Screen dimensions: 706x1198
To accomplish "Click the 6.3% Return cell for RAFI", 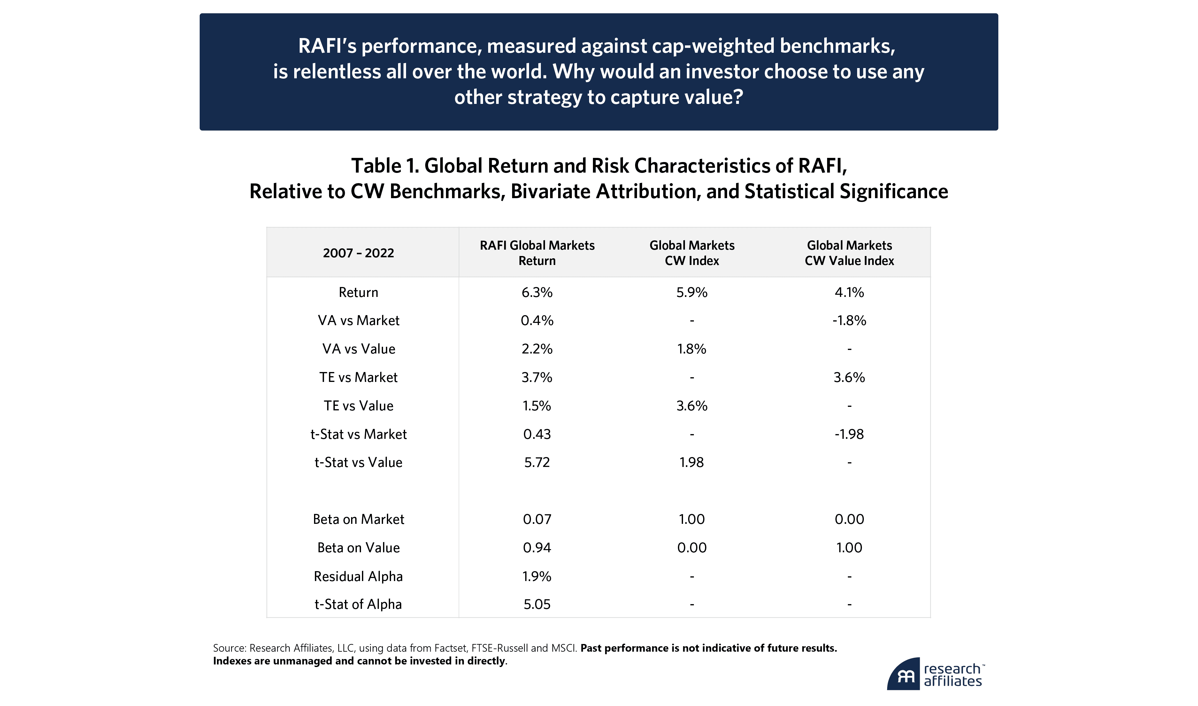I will [537, 292].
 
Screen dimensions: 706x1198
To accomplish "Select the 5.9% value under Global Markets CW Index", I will [692, 292].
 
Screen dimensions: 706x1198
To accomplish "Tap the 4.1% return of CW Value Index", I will [849, 292].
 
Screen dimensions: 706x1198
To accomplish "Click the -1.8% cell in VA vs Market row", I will [849, 321].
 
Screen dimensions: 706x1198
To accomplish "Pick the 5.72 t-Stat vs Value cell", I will [537, 462].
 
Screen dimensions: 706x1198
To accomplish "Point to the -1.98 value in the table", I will [849, 434].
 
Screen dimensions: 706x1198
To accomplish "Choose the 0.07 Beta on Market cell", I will [537, 519].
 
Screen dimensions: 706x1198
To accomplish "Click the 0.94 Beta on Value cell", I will [537, 547].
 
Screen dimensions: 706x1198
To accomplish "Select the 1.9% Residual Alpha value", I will [537, 576].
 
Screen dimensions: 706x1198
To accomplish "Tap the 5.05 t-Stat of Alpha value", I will [537, 604].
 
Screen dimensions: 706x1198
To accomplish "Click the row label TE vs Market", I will [358, 377].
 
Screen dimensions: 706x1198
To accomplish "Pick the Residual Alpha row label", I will [358, 576].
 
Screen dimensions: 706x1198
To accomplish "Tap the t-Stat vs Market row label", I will [358, 434].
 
